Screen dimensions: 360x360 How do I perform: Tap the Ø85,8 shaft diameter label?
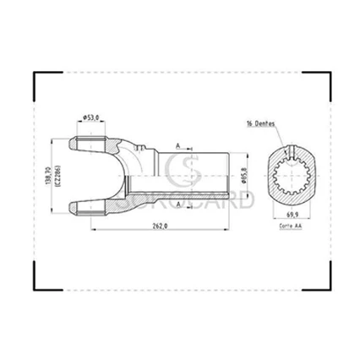click(x=243, y=174)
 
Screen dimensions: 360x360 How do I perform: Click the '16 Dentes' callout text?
click(x=263, y=123)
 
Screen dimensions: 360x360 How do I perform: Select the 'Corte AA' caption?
click(x=291, y=228)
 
